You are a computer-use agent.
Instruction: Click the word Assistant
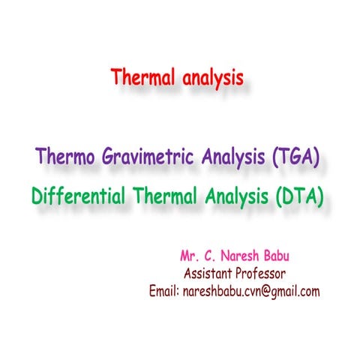point(211,272)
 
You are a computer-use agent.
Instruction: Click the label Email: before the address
point(165,290)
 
